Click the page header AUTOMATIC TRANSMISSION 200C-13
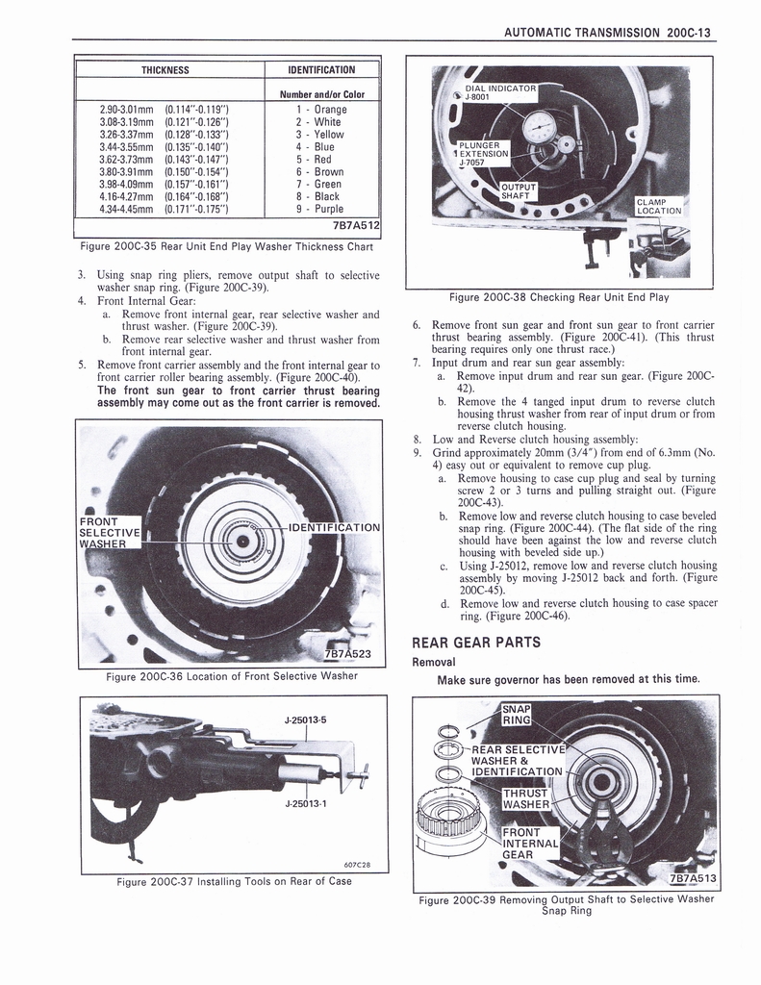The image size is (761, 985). (606, 32)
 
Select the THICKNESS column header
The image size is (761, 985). (165, 69)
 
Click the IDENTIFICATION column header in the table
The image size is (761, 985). (321, 69)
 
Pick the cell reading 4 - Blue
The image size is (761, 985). (315, 147)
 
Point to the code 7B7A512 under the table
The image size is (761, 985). (353, 226)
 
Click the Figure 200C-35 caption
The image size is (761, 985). (225, 246)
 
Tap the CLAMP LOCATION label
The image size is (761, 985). (659, 206)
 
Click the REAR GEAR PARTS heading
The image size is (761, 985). (475, 643)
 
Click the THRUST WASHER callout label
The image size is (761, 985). (525, 797)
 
